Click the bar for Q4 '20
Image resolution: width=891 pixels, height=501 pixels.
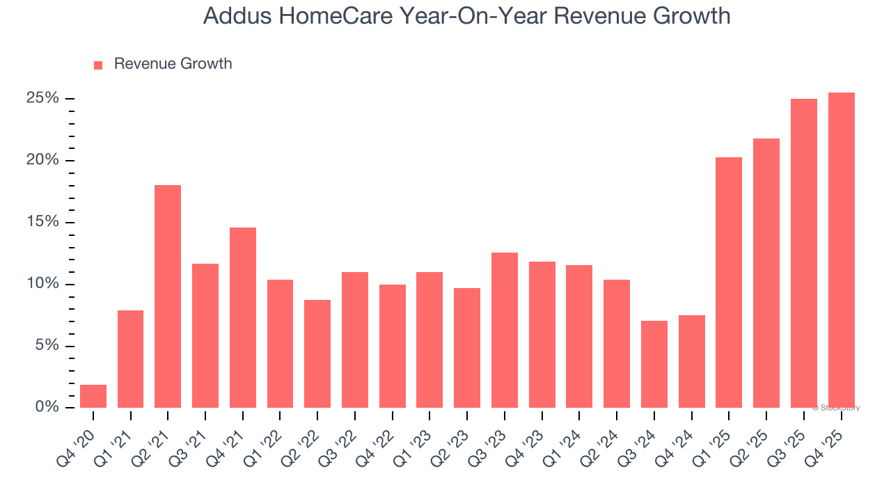tap(93, 396)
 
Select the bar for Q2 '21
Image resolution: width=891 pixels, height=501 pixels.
tap(168, 296)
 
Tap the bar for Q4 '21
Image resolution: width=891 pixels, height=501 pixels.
tap(243, 317)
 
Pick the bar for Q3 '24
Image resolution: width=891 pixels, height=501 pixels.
tap(654, 364)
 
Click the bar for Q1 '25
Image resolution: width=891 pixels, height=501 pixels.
tap(729, 283)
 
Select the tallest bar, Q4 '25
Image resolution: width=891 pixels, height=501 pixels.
tap(842, 250)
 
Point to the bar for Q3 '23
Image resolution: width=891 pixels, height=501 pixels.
tap(505, 330)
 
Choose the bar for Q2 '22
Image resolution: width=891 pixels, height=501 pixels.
tap(317, 353)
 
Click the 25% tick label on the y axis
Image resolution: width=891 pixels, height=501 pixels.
tap(42, 98)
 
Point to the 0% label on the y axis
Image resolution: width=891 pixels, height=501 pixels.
tap(46, 407)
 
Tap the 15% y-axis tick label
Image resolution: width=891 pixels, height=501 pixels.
tap(42, 222)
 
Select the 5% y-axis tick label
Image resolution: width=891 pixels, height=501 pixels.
tap(46, 346)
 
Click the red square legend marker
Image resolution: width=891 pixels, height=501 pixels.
tap(98, 65)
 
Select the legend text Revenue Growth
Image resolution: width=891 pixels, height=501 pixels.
tap(173, 64)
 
